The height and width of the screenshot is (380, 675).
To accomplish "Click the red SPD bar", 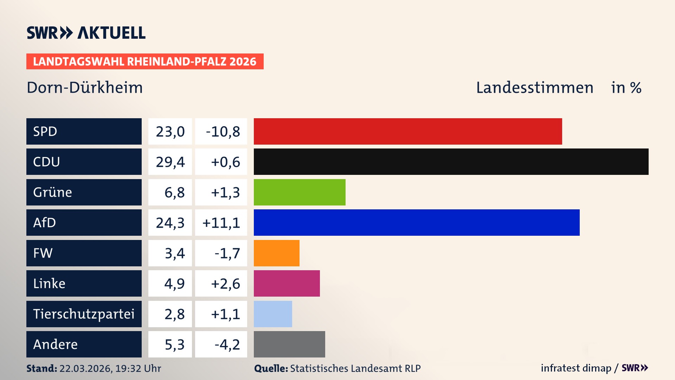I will pos(408,131).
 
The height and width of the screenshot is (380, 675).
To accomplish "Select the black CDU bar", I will pos(451,161).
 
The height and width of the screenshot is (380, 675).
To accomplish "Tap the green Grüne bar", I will pos(300,192).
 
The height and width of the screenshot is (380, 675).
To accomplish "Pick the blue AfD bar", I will pos(417,222).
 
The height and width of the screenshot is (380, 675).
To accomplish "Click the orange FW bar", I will pos(277,253).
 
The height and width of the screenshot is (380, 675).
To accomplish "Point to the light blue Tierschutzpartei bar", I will pos(273,314).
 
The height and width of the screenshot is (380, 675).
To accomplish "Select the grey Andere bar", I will pos(289,344).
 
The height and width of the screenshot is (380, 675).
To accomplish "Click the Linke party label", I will pos(49,283).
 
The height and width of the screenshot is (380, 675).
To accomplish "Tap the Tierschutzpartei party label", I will pos(84,314).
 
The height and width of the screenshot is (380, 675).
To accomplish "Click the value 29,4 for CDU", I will pos(170,162).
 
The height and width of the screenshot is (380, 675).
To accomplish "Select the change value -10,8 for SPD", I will pos(223,132).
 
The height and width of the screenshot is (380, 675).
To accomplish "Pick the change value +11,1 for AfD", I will pos(221,223).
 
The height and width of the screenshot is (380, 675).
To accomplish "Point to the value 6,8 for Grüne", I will pos(174,192).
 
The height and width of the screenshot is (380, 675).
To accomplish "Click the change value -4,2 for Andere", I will pos(227,344).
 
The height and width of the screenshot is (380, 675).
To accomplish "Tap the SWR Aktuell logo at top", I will pos(86,33).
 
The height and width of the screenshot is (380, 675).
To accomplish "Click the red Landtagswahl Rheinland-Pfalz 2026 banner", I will pos(145,61).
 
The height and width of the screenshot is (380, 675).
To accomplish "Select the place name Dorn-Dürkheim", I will pos(85,87).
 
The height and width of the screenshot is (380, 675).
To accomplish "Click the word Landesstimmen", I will pos(534,87).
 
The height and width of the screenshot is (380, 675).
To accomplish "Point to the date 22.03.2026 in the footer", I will pos(85,368).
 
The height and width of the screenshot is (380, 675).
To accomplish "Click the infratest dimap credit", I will pos(576,368).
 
